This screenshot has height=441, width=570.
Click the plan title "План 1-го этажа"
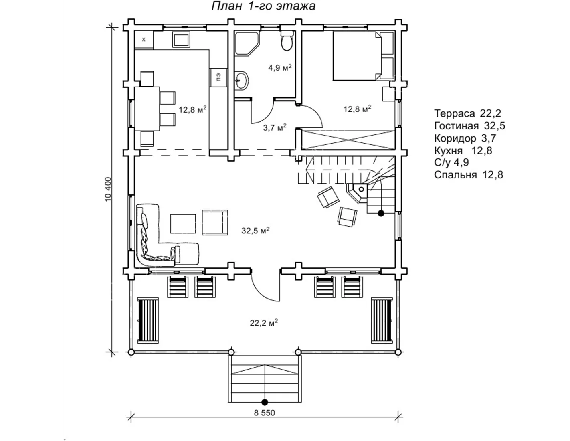pos(263,6)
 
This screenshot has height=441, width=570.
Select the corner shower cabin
pos(247,44)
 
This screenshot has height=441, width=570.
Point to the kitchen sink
pos(181,40)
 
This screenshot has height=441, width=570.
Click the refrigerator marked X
pos(144,40)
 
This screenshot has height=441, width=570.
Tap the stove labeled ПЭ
pos(218,77)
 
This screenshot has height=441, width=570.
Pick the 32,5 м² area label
pos(255,231)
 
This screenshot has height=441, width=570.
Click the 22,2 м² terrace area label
pos(264,323)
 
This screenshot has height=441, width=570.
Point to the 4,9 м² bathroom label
pos(280,68)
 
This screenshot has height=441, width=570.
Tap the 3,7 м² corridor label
pos(275,127)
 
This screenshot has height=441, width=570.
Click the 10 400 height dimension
pos(108,189)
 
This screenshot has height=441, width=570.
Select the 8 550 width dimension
pos(265,413)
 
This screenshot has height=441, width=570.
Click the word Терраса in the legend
pos(454,113)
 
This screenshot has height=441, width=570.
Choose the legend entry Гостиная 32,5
pos(469,126)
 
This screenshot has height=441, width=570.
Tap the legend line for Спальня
pos(469,175)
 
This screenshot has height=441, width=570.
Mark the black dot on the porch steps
pos(265,402)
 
